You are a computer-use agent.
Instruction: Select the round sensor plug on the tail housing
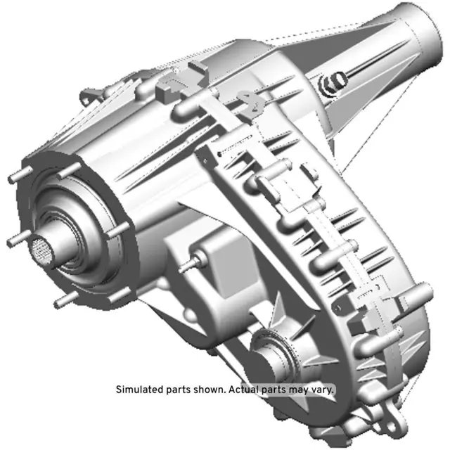click(x=328, y=84)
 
